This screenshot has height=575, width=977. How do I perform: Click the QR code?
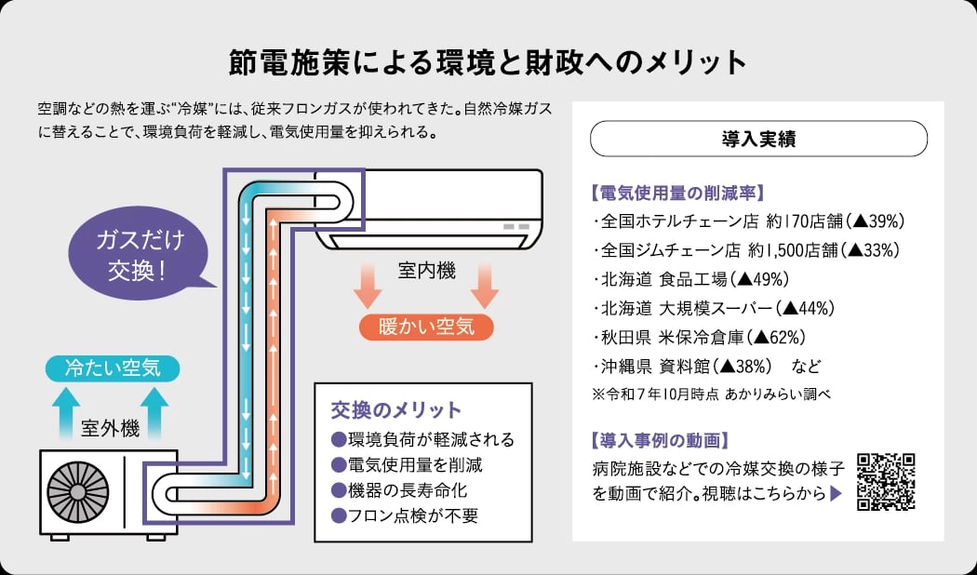point(886,481)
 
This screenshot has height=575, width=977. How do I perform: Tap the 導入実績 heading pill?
point(758,139)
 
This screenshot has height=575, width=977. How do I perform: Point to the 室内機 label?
point(427,271)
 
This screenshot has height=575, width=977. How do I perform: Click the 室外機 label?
point(110,429)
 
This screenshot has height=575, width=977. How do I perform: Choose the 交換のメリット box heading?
point(396,410)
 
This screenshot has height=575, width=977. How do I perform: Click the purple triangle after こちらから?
point(835,494)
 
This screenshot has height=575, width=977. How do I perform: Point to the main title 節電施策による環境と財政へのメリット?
point(488,62)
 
